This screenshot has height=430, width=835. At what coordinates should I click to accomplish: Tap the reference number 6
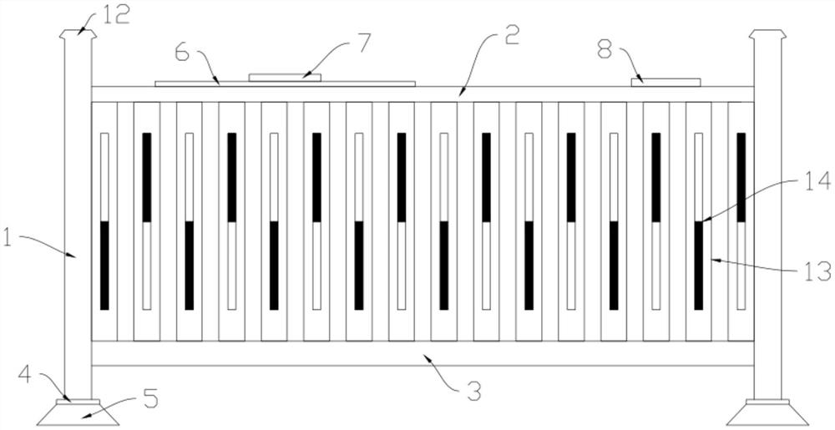point(183,50)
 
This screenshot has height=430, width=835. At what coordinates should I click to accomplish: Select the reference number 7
point(363,42)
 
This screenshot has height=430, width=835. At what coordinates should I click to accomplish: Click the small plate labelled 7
point(286,77)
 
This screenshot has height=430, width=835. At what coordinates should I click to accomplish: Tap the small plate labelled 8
point(665,81)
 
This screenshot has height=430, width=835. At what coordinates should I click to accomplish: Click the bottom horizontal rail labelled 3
point(422,353)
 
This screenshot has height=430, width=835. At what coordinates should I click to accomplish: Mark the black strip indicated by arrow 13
point(699,265)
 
